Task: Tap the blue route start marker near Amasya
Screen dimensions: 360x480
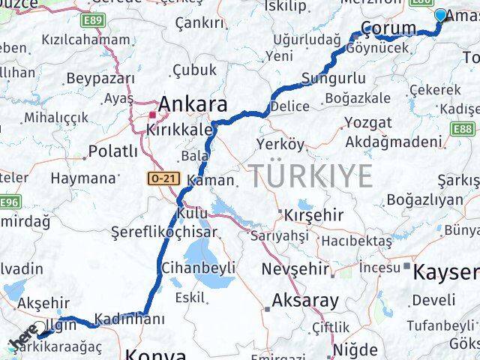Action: pos(439,15)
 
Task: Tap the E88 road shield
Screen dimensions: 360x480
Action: pos(462,129)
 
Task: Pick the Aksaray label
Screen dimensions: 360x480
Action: pos(305,301)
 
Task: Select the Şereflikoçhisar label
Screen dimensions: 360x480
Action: pos(164,232)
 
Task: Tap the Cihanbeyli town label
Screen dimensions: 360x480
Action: pos(199,267)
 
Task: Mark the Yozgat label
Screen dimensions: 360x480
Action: pos(367,122)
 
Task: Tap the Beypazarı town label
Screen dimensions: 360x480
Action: pos(100,78)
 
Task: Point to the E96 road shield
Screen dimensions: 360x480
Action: pos(8,202)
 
